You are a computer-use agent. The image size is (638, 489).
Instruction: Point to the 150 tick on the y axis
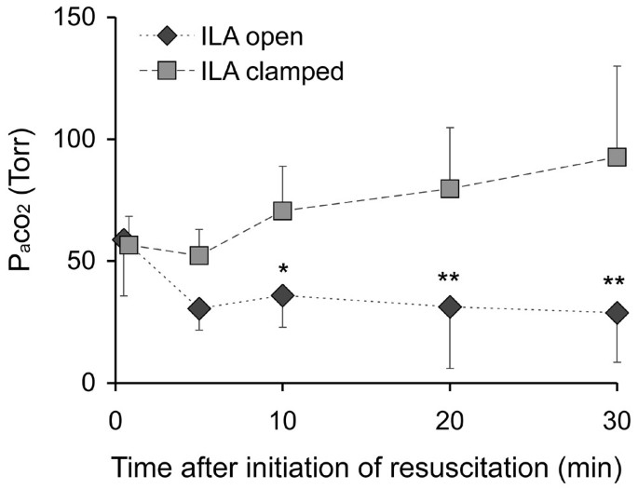77,18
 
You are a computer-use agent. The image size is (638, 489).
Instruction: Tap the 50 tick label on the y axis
84,261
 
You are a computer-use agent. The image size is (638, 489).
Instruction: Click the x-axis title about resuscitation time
363,466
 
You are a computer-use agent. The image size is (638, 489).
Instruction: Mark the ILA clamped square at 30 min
616,156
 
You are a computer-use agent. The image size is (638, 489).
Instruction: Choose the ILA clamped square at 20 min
449,188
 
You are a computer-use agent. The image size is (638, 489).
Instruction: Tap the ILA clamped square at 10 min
281,211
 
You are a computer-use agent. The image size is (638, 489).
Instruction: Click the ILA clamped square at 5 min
198,255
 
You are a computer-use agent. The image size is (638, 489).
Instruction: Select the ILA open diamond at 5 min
198,308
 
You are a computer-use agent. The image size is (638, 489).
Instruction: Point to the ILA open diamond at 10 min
281,295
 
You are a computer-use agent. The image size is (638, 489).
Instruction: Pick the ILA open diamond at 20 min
449,306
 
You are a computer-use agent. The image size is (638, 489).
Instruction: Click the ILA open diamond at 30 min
616,313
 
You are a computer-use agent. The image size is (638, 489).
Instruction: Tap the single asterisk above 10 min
281,269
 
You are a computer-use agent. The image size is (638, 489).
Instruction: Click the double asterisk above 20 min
449,278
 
